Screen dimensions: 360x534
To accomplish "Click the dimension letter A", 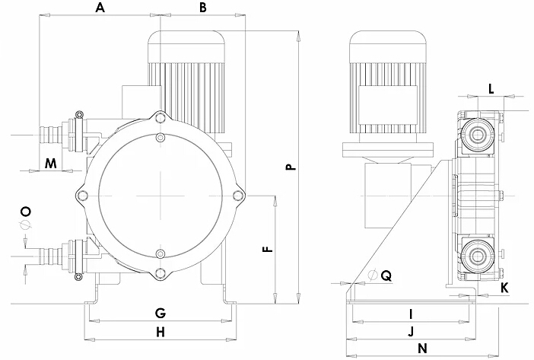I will (99, 8).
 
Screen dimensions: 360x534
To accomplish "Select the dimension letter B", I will (202, 8).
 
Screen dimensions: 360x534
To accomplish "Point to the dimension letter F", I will (265, 248).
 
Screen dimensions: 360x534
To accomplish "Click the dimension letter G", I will (160, 314).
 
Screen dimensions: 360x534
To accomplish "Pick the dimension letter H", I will (160, 332).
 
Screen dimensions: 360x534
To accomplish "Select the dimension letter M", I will (50, 163).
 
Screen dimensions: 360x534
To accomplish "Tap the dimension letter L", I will (491, 88).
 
